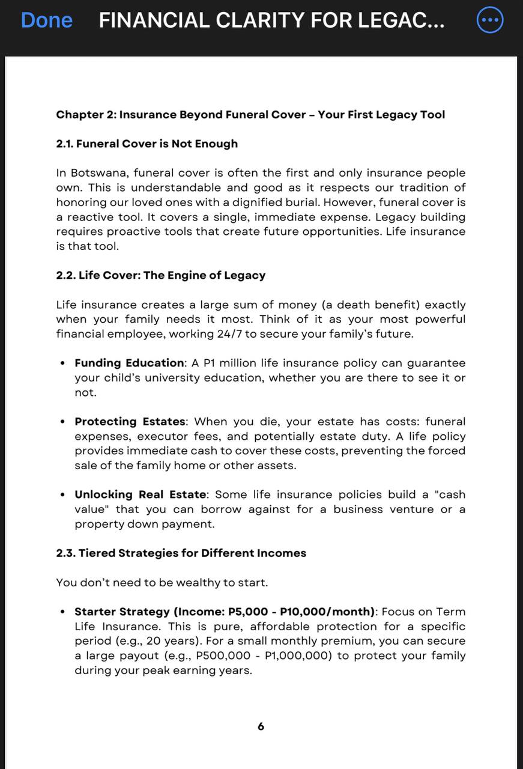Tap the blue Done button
pyautogui.click(x=46, y=20)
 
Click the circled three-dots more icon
pyautogui.click(x=489, y=20)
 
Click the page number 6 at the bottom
pyautogui.click(x=261, y=726)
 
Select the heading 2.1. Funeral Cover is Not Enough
pyautogui.click(x=147, y=144)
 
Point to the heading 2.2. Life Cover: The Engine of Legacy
pyautogui.click(x=160, y=275)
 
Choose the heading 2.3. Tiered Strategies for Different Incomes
pyautogui.click(x=181, y=553)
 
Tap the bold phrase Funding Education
pyautogui.click(x=130, y=363)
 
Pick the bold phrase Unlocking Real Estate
pyautogui.click(x=141, y=494)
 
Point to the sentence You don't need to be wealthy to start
pyautogui.click(x=162, y=582)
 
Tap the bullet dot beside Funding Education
pyautogui.click(x=63, y=363)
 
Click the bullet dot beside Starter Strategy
pyautogui.click(x=63, y=612)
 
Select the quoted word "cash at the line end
pyautogui.click(x=450, y=494)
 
